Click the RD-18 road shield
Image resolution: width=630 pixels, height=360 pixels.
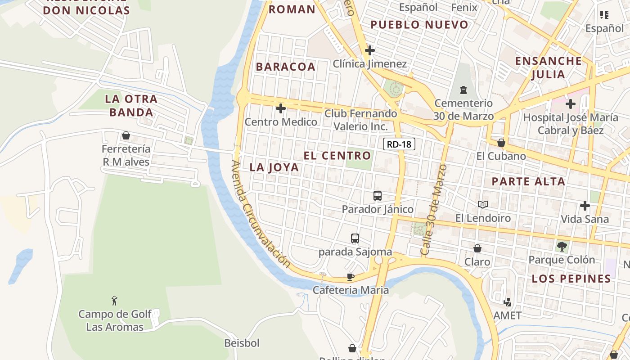click(x=399, y=144)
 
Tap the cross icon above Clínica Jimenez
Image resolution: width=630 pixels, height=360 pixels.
click(x=370, y=50)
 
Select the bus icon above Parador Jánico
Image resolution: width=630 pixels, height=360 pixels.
click(x=378, y=196)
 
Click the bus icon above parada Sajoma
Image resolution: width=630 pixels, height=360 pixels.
click(x=355, y=238)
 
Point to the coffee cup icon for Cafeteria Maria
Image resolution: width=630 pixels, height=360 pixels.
click(x=351, y=277)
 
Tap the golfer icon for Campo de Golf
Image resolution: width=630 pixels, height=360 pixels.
click(x=115, y=301)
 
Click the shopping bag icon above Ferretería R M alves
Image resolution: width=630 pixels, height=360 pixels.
click(x=126, y=135)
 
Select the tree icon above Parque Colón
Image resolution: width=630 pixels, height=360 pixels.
click(x=562, y=246)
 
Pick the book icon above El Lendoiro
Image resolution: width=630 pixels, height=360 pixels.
click(x=483, y=205)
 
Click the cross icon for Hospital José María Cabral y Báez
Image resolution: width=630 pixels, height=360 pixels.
click(x=571, y=104)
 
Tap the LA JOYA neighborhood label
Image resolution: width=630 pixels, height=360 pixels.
click(x=274, y=167)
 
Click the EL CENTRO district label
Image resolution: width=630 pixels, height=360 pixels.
click(x=337, y=156)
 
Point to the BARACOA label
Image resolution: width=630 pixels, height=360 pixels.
click(x=286, y=67)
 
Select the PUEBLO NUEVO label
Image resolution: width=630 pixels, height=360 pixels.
click(x=419, y=25)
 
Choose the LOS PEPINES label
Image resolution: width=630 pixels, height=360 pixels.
click(x=571, y=279)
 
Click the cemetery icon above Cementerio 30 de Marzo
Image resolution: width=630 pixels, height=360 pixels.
click(x=463, y=90)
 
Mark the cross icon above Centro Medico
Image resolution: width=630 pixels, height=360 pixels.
click(x=281, y=108)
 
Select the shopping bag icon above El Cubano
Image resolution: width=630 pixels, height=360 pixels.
click(x=501, y=143)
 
